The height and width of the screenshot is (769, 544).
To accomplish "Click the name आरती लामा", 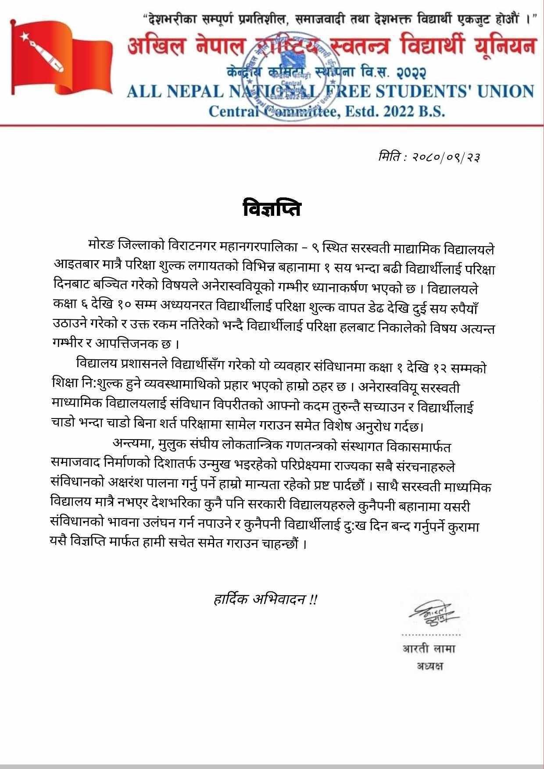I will point(429,648).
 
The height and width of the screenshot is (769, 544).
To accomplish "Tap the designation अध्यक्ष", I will point(430,666).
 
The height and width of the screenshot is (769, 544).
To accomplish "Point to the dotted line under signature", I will point(431,634).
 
